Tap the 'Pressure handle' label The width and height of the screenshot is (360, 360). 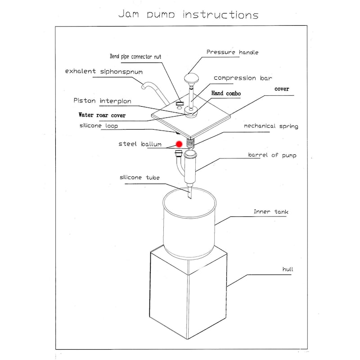click(x=232, y=52)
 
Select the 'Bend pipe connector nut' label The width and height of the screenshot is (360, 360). click(x=135, y=57)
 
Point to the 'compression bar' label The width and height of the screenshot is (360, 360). click(x=243, y=78)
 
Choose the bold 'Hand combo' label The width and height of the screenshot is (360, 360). click(x=226, y=93)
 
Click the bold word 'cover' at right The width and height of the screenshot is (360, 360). click(x=282, y=89)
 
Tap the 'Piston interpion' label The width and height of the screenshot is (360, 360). click(x=102, y=101)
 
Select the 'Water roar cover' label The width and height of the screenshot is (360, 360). click(x=102, y=115)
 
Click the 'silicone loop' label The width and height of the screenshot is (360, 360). click(x=99, y=126)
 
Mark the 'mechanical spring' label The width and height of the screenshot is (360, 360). click(x=271, y=126)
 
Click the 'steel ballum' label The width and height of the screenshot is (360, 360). click(x=140, y=144)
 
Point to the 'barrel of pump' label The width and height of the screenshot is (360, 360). click(x=272, y=155)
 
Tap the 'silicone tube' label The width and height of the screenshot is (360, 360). click(x=139, y=178)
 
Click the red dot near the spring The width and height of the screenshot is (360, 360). click(x=179, y=144)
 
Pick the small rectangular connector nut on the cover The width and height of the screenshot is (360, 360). click(x=179, y=103)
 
